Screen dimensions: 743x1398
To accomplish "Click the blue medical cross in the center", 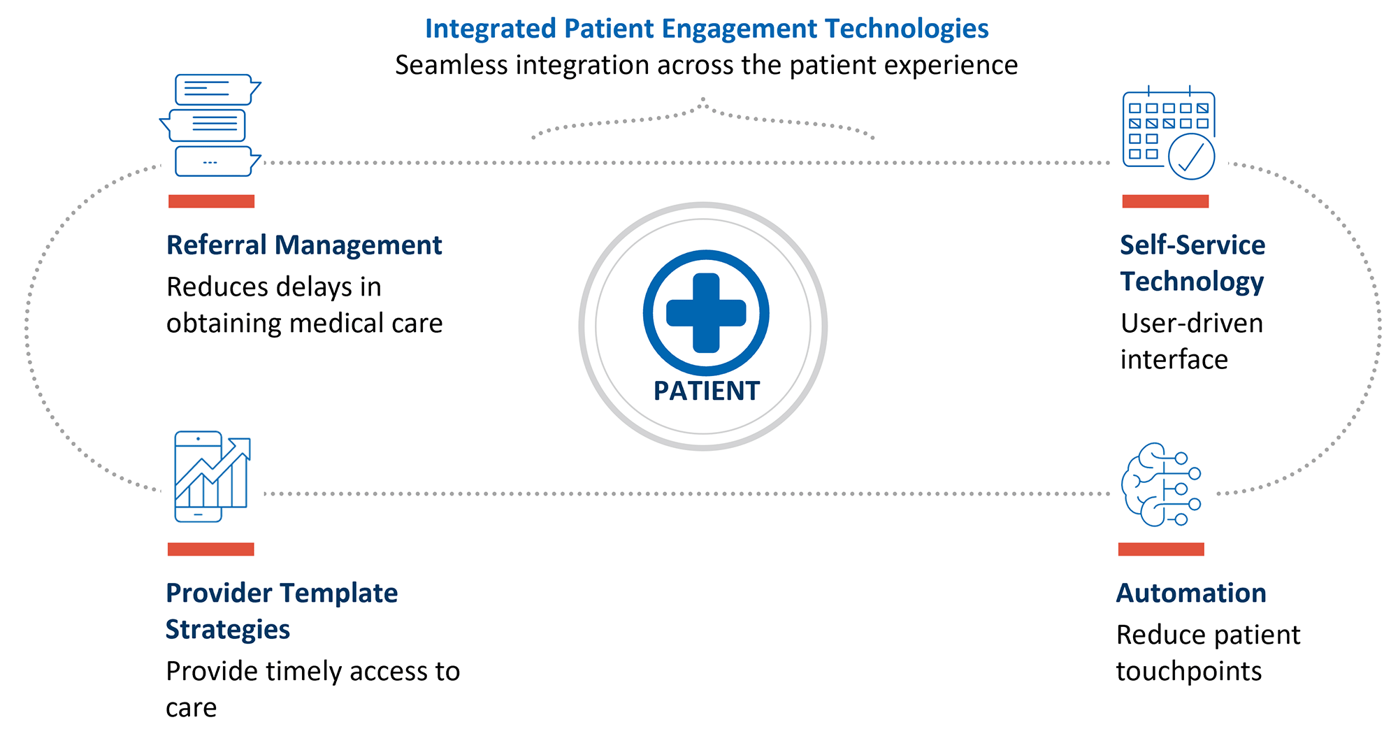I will click(706, 312).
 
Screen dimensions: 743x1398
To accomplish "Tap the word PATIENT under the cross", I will click(706, 391).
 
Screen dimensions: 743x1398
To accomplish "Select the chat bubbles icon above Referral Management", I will click(211, 125).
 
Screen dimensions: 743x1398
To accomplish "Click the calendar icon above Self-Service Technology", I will click(1168, 133).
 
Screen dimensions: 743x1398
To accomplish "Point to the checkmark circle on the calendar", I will click(1191, 157).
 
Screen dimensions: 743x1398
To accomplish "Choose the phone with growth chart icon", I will click(211, 476).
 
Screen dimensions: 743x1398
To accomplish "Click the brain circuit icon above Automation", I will click(1160, 484).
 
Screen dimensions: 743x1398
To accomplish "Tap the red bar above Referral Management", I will click(211, 201).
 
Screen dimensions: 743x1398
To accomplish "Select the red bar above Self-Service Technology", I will click(1165, 201).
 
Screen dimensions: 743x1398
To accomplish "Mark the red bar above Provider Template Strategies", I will click(210, 549).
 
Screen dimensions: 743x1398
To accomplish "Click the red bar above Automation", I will click(1161, 549).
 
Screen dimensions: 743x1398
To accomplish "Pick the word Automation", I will click(1191, 593).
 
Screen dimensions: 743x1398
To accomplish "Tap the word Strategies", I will click(228, 630).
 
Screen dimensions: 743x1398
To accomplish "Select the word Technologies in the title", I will click(907, 29).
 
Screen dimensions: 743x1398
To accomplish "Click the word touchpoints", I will click(1188, 672).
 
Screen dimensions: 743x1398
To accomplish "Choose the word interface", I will click(1174, 360).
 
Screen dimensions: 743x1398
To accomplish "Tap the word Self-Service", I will click(1192, 245).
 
